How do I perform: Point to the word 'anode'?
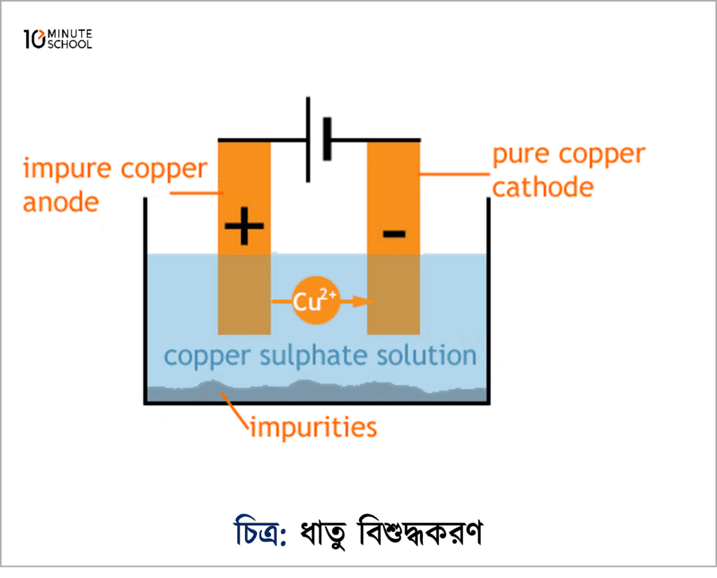coord(60,202)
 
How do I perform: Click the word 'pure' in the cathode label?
coord(524,156)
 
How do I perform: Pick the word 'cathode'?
coord(543,187)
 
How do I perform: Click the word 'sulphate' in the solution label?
coord(310,356)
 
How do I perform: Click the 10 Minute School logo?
coord(57,40)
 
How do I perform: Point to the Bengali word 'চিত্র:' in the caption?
coord(259,533)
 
